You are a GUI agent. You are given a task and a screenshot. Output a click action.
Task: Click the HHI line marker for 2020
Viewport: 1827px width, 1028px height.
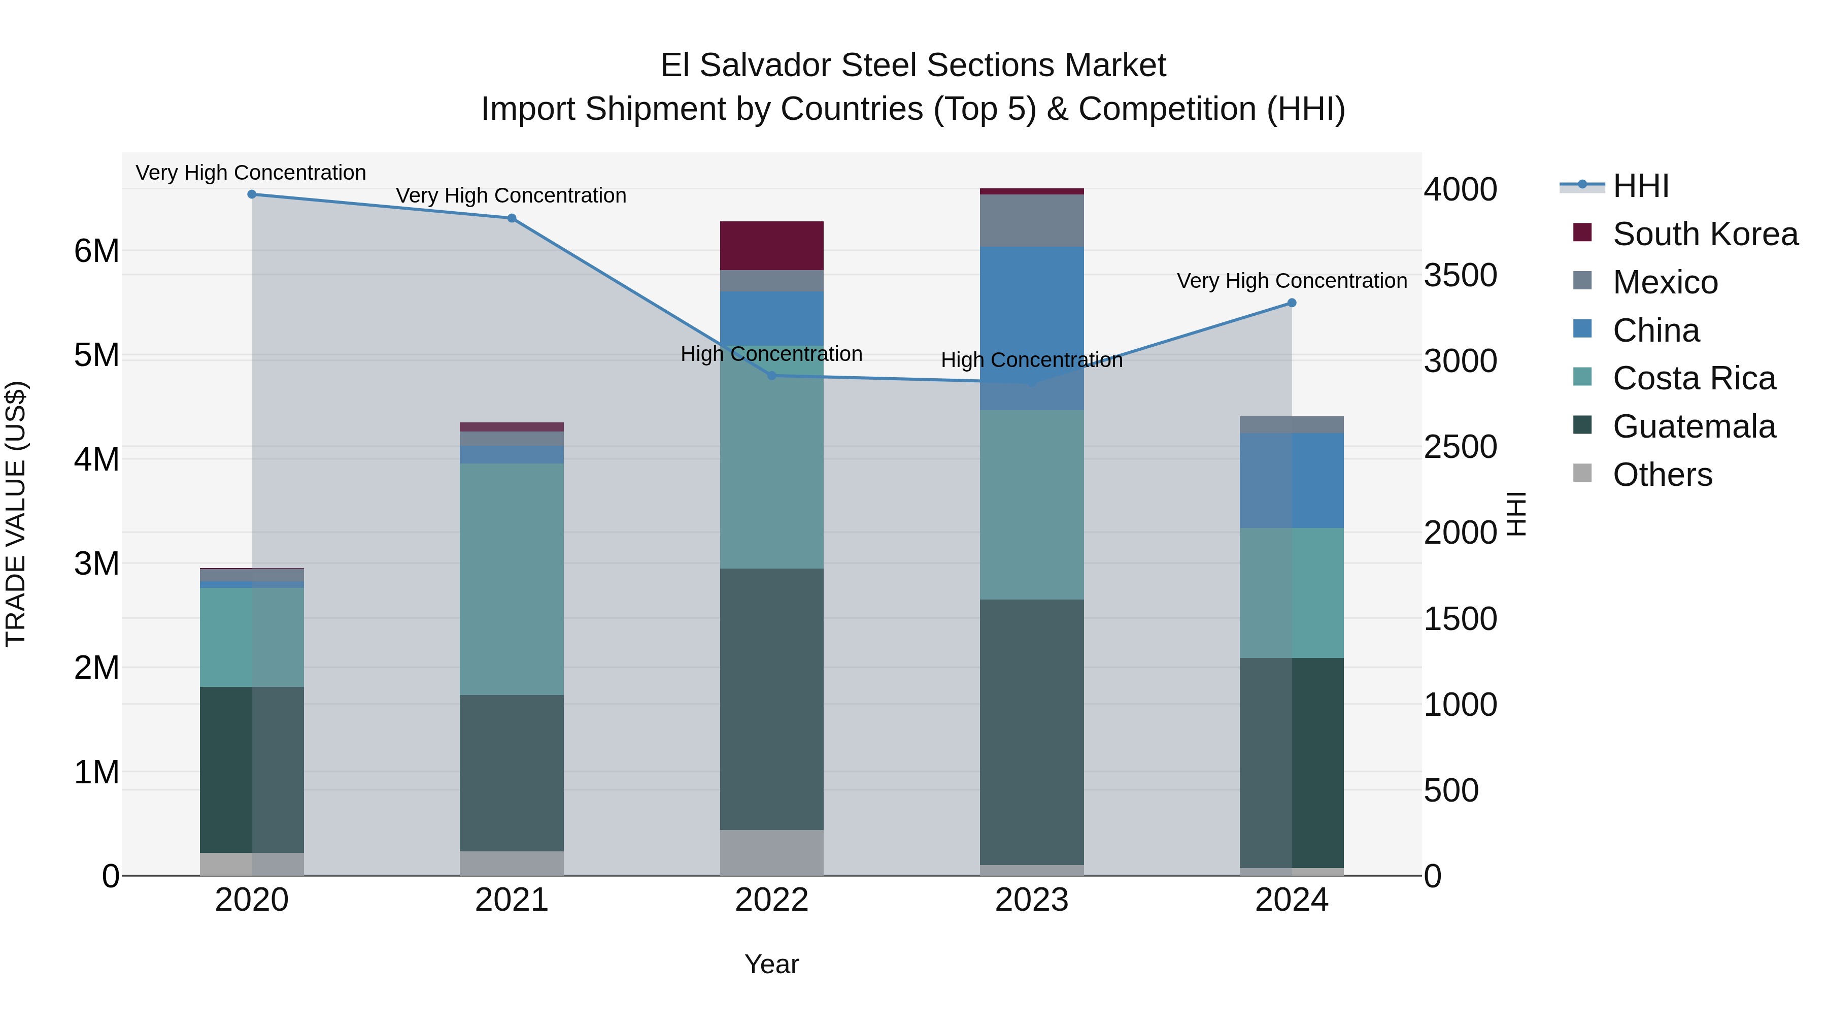(252, 194)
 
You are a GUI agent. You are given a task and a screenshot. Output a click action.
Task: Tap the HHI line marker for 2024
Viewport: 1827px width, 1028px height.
(1292, 303)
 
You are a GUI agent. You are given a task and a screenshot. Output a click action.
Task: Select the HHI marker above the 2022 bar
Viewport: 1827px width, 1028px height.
(772, 375)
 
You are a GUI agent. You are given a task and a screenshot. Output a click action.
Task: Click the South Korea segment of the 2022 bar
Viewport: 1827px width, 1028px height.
(771, 246)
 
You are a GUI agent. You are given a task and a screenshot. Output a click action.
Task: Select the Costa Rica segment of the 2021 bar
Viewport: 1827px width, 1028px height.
(512, 579)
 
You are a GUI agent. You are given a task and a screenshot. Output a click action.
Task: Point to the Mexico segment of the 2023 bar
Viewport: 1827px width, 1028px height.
(1032, 221)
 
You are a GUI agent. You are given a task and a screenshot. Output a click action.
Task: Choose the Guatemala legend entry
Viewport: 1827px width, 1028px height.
(1694, 426)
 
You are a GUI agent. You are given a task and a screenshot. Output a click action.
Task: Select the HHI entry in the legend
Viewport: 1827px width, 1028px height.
(1640, 186)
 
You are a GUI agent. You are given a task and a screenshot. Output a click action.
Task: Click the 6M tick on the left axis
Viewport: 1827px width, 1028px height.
(97, 251)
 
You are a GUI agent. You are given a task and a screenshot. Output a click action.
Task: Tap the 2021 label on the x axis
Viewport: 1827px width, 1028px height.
(512, 900)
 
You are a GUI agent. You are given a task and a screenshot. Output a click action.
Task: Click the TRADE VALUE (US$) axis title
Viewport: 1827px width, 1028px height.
(16, 514)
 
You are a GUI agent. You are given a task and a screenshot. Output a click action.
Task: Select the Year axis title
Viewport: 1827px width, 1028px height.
(771, 964)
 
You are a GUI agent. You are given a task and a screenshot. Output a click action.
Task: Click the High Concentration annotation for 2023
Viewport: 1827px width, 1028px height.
(1032, 360)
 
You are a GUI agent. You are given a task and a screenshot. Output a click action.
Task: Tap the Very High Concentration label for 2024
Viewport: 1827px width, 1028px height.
(1292, 281)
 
